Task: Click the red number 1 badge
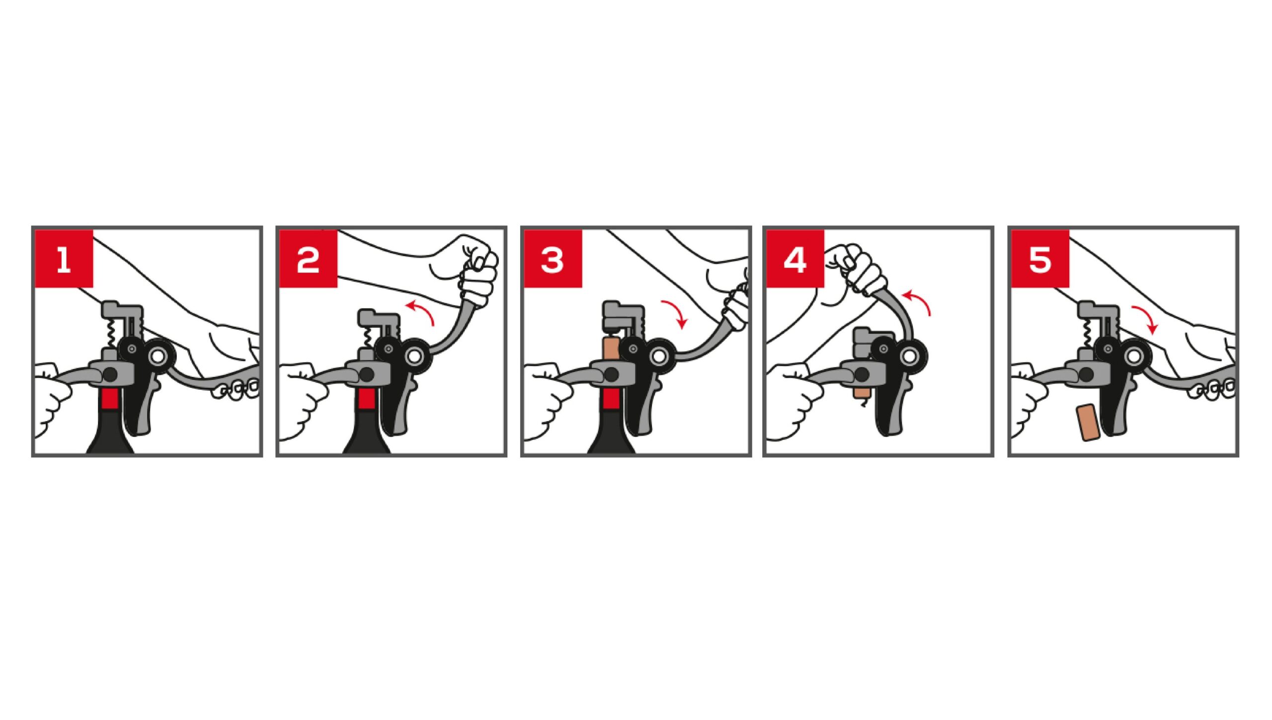click(64, 259)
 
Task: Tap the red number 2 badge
click(308, 259)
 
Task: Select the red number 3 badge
click(553, 259)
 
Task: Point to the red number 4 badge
click(795, 259)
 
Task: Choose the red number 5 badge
click(1040, 259)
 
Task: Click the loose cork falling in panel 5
click(1088, 423)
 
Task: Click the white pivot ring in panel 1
click(159, 355)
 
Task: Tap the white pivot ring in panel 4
click(910, 355)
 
